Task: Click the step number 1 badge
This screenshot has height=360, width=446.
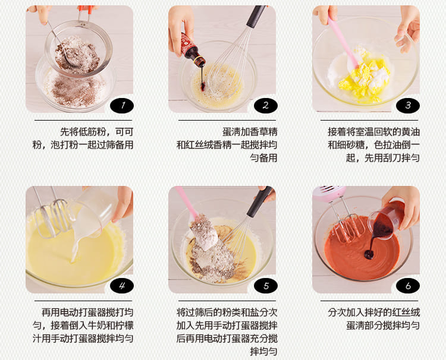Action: pos(122,105)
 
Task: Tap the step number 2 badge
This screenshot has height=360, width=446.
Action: pos(266,105)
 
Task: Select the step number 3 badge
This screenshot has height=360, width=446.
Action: pos(408,105)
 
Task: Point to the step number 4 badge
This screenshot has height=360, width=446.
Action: pos(122,286)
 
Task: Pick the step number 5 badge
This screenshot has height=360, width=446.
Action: pos(266,286)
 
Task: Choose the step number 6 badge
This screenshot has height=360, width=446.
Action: pos(408,286)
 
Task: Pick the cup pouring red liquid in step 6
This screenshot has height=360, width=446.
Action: pos(385,219)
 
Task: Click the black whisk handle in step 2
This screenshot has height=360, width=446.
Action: pos(255,17)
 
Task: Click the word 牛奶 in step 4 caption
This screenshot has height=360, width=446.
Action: pos(97,326)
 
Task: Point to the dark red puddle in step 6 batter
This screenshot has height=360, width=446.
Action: pos(369,255)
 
